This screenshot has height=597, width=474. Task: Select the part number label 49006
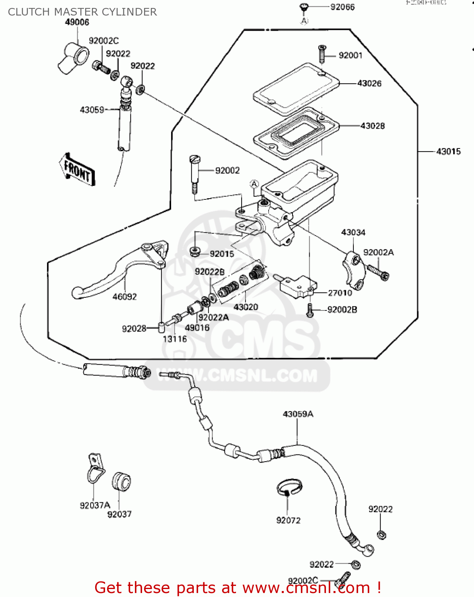click(77, 22)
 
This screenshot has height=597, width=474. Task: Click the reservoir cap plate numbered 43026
click(296, 89)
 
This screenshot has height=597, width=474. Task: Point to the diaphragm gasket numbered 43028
click(296, 133)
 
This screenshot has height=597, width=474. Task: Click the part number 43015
click(449, 152)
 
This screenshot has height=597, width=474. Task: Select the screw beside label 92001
click(322, 54)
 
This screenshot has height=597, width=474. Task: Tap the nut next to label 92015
click(195, 252)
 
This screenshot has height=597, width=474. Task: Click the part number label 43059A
click(298, 414)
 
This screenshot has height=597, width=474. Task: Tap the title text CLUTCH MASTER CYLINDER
click(82, 12)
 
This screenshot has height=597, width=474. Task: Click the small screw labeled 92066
click(304, 7)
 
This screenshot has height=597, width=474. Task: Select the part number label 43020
click(246, 307)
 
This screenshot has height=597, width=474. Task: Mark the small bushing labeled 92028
click(161, 328)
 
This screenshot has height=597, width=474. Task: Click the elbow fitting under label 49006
click(72, 58)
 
